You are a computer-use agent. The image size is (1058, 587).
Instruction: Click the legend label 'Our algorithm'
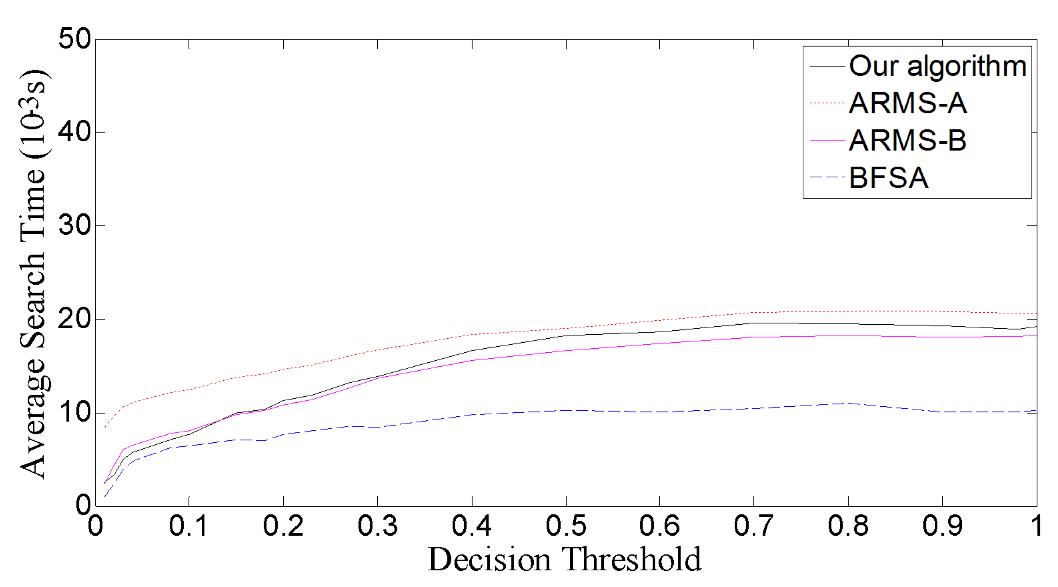[x=937, y=67]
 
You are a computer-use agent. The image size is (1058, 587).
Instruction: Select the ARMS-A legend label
[x=908, y=104]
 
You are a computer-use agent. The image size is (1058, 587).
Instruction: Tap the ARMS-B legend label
[x=908, y=141]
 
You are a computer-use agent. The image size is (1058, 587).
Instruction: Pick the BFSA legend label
[x=889, y=178]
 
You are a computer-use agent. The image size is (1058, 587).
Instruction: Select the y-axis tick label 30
[x=75, y=225]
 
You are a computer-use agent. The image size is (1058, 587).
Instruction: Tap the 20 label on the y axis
[x=75, y=319]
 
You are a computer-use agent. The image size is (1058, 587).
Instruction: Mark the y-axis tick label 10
[x=75, y=412]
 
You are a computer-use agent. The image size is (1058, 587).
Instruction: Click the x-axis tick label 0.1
[x=189, y=526]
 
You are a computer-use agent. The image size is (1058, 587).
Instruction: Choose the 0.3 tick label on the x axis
[x=377, y=526]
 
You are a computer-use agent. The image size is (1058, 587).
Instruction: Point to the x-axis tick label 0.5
[x=566, y=526]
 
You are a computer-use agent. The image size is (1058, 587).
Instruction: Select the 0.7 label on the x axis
[x=754, y=526]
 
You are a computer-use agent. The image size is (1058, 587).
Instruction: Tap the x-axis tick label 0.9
[x=942, y=526]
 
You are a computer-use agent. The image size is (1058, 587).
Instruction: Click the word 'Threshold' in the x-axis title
[x=632, y=560]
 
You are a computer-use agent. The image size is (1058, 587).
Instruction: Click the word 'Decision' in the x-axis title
[x=489, y=560]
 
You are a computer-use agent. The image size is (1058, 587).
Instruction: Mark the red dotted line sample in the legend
[x=827, y=103]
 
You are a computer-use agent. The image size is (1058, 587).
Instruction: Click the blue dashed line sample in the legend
[x=827, y=177]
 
